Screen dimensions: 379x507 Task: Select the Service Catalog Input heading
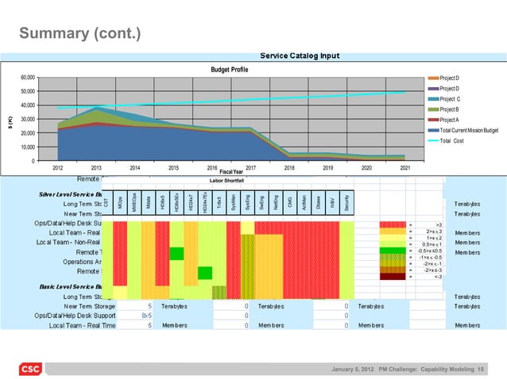(300, 56)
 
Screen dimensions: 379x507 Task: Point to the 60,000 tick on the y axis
(28, 77)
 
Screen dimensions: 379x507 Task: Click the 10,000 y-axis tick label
(28, 147)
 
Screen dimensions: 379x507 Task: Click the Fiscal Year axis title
(230, 172)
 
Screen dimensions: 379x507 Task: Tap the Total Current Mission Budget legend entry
(469, 130)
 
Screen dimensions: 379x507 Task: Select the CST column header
(105, 203)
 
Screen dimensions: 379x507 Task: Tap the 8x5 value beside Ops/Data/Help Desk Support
(146, 315)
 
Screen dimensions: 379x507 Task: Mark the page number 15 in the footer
(482, 369)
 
